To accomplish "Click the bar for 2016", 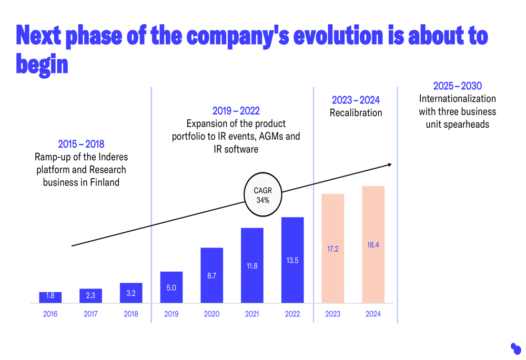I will click(x=50, y=297).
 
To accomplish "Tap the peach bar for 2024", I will click(x=373, y=244).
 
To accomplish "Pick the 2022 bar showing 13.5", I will click(x=292, y=260).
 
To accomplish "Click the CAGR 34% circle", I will click(x=263, y=195).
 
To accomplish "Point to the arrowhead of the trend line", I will click(x=390, y=164).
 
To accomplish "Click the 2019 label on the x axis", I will click(x=171, y=314).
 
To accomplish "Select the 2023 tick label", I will click(x=332, y=314).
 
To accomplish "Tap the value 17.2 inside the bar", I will click(x=332, y=249).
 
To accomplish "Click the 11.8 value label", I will click(x=252, y=266).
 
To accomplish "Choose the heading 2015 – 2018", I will click(x=81, y=144).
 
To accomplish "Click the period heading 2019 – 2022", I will click(x=236, y=111).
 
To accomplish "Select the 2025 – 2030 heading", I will click(x=457, y=86).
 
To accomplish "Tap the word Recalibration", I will click(x=356, y=112).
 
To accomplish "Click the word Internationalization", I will click(x=457, y=99).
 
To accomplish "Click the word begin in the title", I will click(x=42, y=64).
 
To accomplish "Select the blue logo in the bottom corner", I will click(x=515, y=348).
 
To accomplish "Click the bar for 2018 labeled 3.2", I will click(x=131, y=293).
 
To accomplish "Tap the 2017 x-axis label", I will click(x=90, y=314).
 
